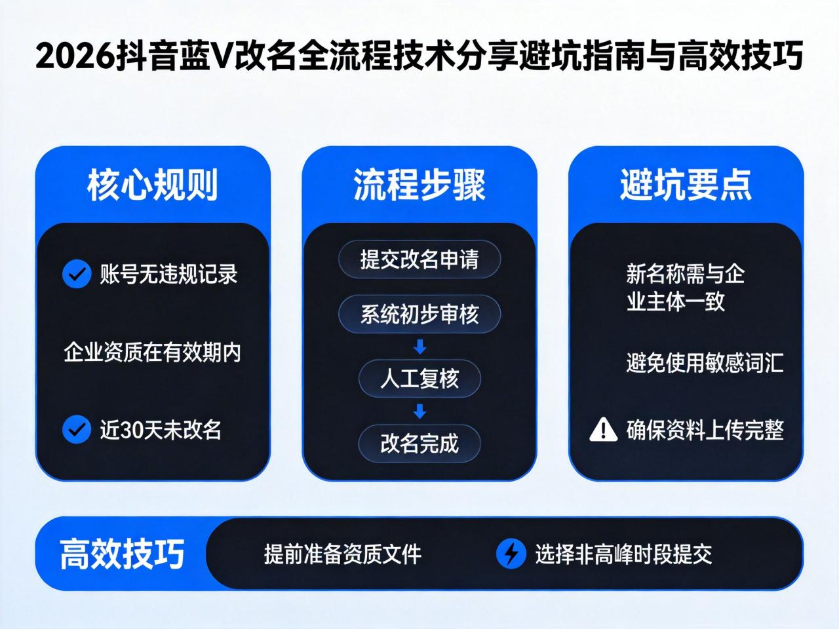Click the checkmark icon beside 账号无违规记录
[x=76, y=275]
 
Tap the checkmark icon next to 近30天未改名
[x=76, y=430]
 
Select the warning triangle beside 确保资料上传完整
[x=603, y=430]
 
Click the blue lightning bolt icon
[x=511, y=554]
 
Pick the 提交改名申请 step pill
[x=419, y=259]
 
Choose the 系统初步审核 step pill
[x=419, y=314]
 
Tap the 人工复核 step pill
[x=419, y=379]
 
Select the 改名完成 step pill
[x=419, y=444]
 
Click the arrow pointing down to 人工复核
[x=419, y=346]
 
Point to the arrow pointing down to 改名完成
[x=419, y=411]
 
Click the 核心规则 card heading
[x=152, y=185]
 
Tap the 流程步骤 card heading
[x=419, y=185]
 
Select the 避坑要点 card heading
[x=686, y=185]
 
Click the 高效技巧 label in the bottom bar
[x=122, y=554]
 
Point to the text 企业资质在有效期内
[x=152, y=353]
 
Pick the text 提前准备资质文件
[x=342, y=554]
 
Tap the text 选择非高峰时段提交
[x=623, y=554]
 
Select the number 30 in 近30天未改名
[x=132, y=430]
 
